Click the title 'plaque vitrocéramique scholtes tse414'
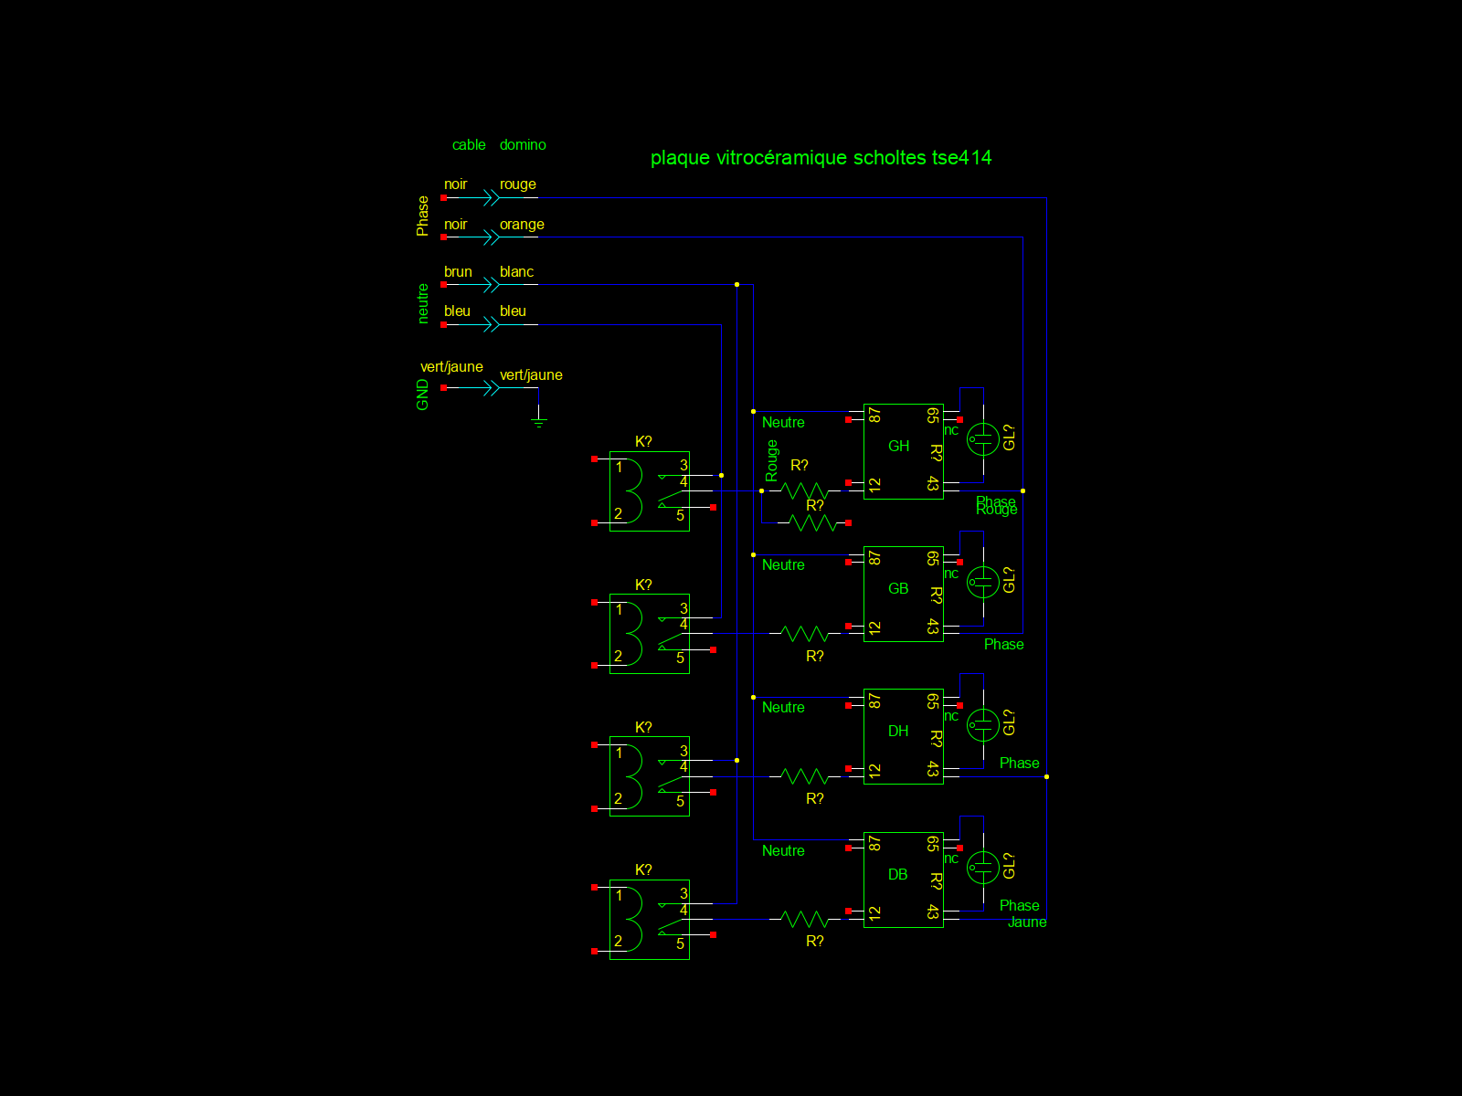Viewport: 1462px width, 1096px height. [821, 158]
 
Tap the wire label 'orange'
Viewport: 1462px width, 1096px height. [522, 225]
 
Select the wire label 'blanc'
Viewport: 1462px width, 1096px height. [516, 272]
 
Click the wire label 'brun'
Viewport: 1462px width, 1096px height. [458, 272]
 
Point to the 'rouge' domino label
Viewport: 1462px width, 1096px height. [517, 184]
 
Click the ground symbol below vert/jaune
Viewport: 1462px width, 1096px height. [538, 418]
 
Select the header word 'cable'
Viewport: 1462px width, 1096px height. [469, 145]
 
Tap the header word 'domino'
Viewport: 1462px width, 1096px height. [523, 145]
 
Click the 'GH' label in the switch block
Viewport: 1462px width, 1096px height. [898, 447]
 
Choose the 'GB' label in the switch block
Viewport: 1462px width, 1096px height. [898, 589]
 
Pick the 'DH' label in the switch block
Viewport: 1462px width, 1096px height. [898, 732]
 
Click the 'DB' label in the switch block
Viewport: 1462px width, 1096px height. [898, 875]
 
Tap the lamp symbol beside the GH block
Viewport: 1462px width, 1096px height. [983, 439]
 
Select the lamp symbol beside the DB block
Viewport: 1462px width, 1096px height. [983, 867]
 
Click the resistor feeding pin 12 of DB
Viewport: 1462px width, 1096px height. [805, 919]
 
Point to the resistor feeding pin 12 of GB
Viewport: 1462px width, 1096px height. [805, 633]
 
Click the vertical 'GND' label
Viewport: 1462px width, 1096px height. [422, 395]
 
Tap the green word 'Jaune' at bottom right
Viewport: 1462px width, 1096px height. [1027, 922]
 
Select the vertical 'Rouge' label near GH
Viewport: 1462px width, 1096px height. [772, 460]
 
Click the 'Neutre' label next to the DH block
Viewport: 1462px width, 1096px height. [783, 708]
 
